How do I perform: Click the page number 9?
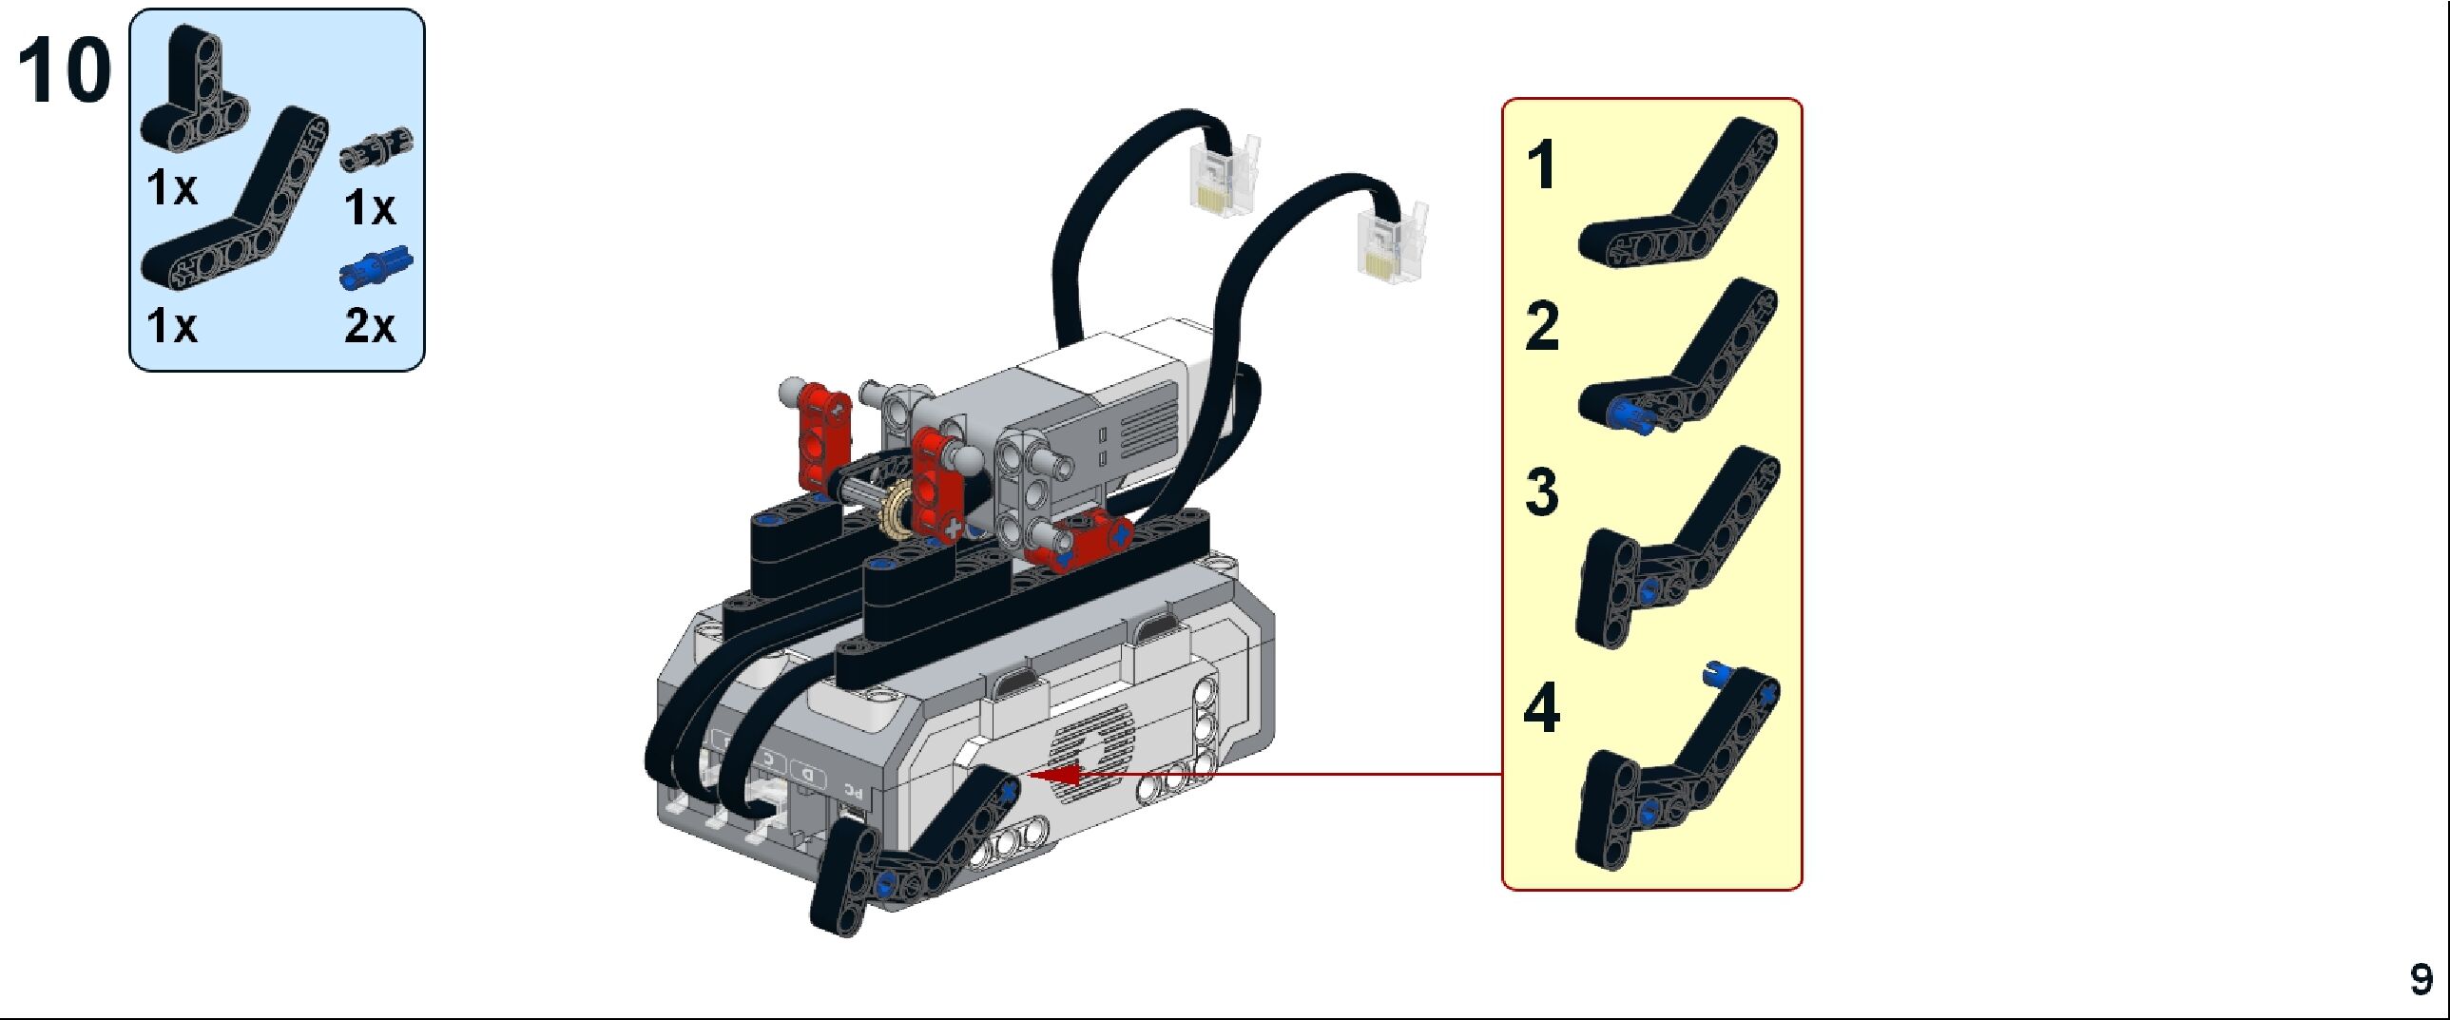coord(2421,980)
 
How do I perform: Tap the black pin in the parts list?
coord(376,151)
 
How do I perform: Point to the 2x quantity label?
coord(370,325)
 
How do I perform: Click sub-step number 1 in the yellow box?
coord(1542,165)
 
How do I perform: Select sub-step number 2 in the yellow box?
coord(1542,326)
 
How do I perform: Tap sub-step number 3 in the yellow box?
coord(1542,491)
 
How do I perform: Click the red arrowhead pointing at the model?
coord(1055,776)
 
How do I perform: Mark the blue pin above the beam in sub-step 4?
coord(1714,674)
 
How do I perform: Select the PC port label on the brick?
coord(854,787)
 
